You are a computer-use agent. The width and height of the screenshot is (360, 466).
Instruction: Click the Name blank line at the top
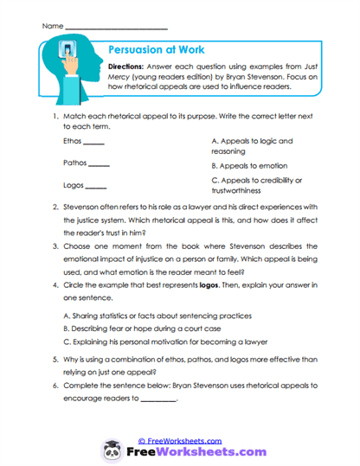117,29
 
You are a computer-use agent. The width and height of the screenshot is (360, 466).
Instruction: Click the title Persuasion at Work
156,50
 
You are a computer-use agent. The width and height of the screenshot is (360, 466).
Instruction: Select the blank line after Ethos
93,142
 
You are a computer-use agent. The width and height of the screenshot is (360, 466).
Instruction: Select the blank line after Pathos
99,164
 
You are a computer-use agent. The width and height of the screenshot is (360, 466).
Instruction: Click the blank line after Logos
95,187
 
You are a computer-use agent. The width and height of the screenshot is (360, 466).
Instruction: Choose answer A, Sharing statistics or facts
158,316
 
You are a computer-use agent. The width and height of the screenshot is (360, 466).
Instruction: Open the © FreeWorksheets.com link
179,440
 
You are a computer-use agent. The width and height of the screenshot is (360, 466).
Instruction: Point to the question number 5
55,364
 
